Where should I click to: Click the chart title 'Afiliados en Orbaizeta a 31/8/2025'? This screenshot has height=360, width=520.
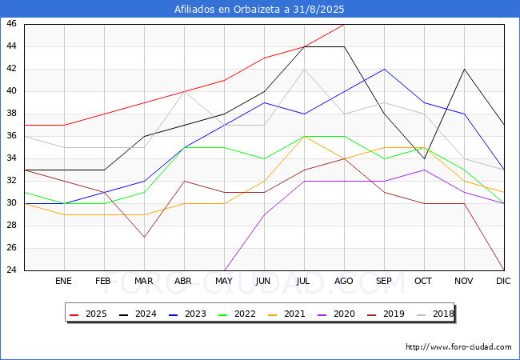pyautogui.click(x=260, y=9)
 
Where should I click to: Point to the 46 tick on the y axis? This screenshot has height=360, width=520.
pyautogui.click(x=11, y=24)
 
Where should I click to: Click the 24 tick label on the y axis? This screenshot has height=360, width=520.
pyautogui.click(x=11, y=270)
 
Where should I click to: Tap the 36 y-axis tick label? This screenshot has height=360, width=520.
pyautogui.click(x=11, y=136)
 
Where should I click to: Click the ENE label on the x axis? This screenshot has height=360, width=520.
pyautogui.click(x=64, y=282)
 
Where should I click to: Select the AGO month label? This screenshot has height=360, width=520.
pyautogui.click(x=344, y=282)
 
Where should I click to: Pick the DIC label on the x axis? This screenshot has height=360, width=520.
pyautogui.click(x=503, y=282)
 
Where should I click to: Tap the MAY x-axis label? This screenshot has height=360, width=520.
pyautogui.click(x=224, y=282)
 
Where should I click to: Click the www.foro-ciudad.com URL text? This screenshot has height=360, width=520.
pyautogui.click(x=458, y=347)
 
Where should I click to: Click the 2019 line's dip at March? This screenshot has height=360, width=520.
pyautogui.click(x=144, y=237)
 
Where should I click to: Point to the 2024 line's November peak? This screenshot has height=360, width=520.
pyautogui.click(x=464, y=69)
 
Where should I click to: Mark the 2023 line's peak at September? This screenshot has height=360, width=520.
pyautogui.click(x=384, y=69)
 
